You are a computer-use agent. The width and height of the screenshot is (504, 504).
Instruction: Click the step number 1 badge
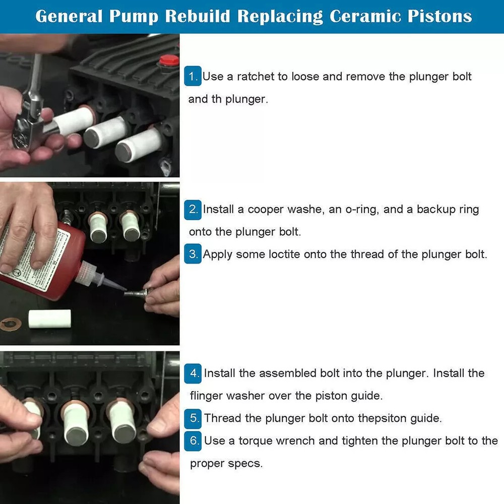click(193, 77)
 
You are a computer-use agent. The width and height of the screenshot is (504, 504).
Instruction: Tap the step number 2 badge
click(193, 209)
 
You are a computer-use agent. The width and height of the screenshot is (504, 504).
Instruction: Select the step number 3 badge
click(193, 255)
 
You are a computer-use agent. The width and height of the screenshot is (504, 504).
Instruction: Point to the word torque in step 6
click(258, 441)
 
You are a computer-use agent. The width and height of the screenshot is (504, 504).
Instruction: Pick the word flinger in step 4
click(206, 396)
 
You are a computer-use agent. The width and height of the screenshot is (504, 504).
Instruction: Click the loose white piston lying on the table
click(48, 319)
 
